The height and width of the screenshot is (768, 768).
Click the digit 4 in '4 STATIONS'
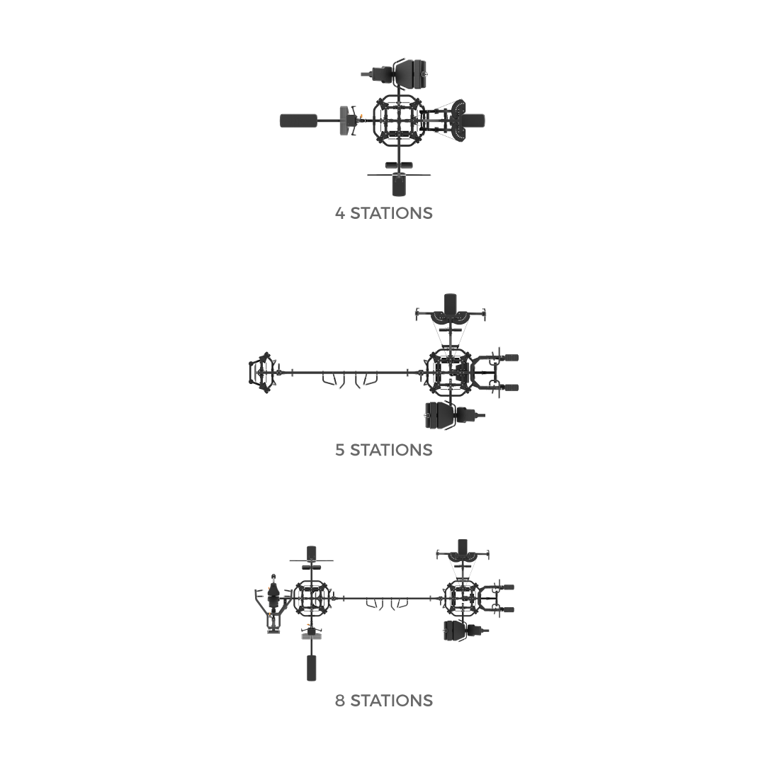pyautogui.click(x=340, y=213)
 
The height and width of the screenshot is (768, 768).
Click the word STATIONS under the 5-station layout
pyautogui.click(x=391, y=450)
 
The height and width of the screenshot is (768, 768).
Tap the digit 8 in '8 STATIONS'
pyautogui.click(x=340, y=701)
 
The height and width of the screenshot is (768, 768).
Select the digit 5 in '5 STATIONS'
pyautogui.click(x=340, y=450)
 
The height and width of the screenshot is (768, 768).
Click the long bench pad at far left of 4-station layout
pyautogui.click(x=298, y=120)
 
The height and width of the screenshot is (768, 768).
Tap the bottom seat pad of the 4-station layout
pyautogui.click(x=399, y=185)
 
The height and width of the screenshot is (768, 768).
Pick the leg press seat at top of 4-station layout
pyautogui.click(x=410, y=74)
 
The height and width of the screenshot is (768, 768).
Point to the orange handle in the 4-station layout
pyautogui.click(x=361, y=118)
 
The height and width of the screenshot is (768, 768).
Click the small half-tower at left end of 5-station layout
pyautogui.click(x=262, y=373)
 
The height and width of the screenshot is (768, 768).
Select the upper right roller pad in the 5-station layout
pyautogui.click(x=511, y=358)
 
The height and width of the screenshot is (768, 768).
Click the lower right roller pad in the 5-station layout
pyautogui.click(x=511, y=388)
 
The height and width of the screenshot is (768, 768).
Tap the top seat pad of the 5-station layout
pyautogui.click(x=450, y=303)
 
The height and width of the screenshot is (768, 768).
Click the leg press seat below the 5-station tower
pyautogui.click(x=441, y=415)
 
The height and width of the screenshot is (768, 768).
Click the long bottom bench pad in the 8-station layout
pyautogui.click(x=312, y=667)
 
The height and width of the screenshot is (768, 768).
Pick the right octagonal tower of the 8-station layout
pyautogui.click(x=461, y=599)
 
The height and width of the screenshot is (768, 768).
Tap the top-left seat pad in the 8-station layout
pyautogui.click(x=312, y=553)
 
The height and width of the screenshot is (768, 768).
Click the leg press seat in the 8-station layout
pyautogui.click(x=455, y=631)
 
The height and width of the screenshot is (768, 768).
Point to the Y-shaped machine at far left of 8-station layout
pyautogui.click(x=272, y=605)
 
